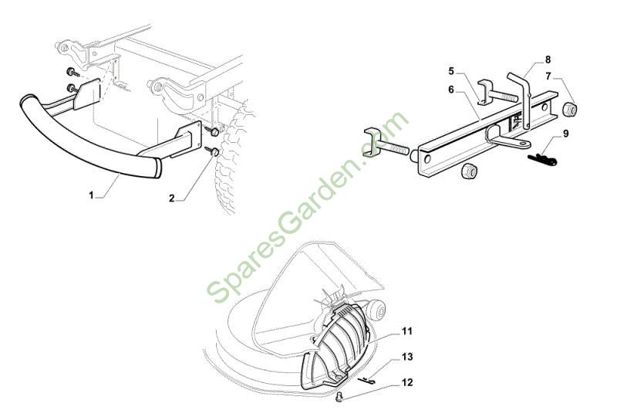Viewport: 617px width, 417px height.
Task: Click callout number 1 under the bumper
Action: coord(91,195)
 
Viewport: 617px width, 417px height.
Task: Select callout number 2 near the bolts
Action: coord(171,198)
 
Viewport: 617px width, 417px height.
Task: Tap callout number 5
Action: coord(451,71)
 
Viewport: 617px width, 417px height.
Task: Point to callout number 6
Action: coord(451,90)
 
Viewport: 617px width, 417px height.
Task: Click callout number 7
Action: coord(548,76)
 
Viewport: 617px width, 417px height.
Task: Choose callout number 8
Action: coord(548,60)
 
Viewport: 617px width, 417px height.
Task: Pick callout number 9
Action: coord(565,134)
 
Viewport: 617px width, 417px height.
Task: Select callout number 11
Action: coord(407,331)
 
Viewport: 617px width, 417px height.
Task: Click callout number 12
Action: coord(407,382)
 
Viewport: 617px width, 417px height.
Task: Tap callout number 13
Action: coord(407,357)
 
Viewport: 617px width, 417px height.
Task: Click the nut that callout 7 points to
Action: coord(570,108)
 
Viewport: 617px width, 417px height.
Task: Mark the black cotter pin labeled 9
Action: coord(542,159)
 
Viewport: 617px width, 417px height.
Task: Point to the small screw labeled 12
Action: coord(339,396)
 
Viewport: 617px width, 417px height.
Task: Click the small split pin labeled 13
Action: coord(367,380)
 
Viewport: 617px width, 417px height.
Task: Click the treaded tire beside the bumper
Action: coord(233,158)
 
